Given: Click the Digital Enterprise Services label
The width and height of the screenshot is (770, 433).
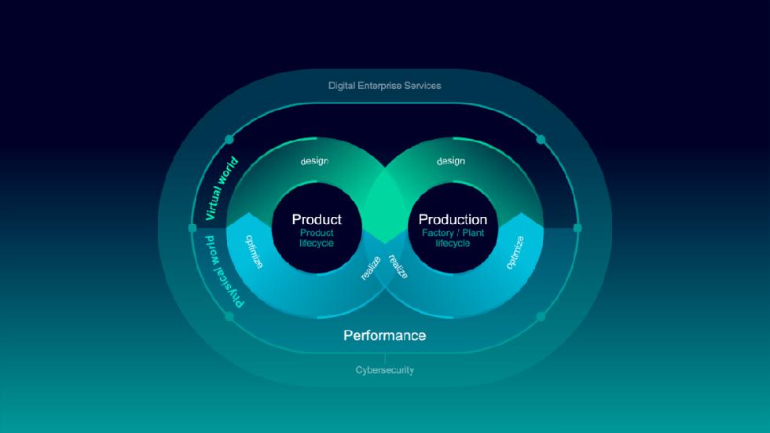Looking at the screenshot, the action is [384, 86].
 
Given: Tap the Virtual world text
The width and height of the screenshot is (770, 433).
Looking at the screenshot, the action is [221, 189].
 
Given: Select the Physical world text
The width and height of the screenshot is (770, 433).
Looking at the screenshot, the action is [224, 271].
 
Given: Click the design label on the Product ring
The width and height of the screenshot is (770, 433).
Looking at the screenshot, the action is [314, 161].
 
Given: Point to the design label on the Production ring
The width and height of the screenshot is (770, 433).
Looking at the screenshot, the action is [451, 161].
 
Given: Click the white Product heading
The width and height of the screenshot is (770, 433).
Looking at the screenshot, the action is [317, 219].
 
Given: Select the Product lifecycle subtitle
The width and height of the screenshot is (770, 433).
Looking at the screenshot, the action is [317, 238].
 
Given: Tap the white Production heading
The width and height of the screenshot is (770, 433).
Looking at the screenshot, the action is [453, 219].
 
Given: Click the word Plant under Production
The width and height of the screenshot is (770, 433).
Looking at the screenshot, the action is [473, 233].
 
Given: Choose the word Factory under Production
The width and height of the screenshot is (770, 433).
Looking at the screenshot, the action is [438, 233].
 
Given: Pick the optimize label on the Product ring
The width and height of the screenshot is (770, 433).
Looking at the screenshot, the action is [254, 251].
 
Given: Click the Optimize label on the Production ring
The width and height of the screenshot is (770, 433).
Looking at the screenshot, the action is [515, 252].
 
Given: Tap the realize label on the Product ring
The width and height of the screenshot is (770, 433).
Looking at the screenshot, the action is [371, 268].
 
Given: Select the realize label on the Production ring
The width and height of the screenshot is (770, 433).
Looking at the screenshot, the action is [398, 266].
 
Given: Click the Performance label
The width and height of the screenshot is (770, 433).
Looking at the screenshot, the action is [384, 336].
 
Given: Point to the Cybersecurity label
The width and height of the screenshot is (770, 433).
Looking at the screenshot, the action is [384, 370].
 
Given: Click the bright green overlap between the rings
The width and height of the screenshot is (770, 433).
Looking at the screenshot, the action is [385, 206].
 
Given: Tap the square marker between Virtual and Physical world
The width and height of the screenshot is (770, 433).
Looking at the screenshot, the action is [192, 228].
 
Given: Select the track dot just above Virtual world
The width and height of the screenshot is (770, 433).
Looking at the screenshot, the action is [229, 140].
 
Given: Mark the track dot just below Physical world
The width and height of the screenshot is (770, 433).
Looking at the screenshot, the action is [229, 317].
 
